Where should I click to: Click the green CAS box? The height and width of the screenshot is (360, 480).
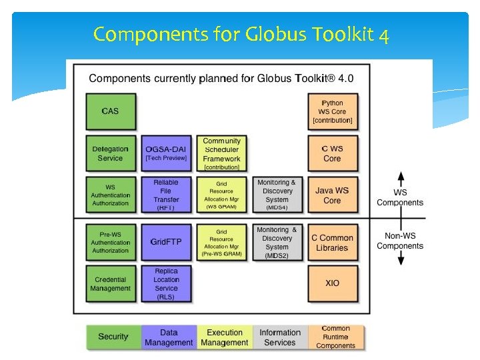[111, 111]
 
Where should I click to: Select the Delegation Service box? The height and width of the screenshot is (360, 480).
[111, 154]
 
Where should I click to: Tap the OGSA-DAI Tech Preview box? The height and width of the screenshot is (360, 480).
[166, 154]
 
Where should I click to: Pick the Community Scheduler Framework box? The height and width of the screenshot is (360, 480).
[221, 154]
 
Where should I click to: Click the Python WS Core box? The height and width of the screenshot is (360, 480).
[332, 111]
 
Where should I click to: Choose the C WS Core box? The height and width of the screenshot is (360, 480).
[332, 154]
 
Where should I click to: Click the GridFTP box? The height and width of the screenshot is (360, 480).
[166, 242]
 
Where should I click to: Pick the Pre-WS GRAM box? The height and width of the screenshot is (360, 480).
[221, 242]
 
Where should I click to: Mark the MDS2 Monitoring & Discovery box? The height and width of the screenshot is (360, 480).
[277, 242]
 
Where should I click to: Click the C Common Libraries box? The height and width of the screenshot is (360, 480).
[332, 242]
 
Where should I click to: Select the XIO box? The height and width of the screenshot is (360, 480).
[332, 283]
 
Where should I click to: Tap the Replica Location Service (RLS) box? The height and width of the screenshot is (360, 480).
[166, 283]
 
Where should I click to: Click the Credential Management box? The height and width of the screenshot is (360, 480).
[111, 283]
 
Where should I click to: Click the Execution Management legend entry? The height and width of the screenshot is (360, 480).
[225, 337]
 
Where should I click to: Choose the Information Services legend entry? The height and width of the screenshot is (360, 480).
[280, 337]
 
